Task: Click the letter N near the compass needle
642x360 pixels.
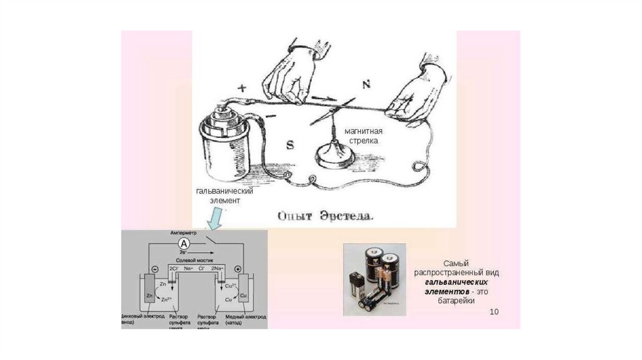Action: (367, 84)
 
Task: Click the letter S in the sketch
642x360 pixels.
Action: (290, 146)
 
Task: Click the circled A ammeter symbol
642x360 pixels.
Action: (184, 243)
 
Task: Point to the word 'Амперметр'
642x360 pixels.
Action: (183, 233)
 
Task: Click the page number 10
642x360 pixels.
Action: (494, 312)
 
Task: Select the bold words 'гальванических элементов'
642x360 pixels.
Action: (455, 288)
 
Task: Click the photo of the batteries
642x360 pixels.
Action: (374, 280)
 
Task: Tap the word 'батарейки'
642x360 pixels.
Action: (455, 302)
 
